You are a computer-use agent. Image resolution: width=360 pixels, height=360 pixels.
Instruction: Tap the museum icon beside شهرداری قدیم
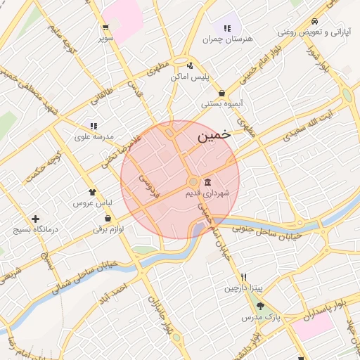click(207, 182)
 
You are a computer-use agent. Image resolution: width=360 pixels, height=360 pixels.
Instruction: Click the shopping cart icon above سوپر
click(105, 28)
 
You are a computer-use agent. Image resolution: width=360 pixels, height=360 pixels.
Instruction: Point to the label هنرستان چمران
click(227, 39)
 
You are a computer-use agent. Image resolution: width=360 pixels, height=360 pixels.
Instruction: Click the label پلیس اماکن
click(190, 79)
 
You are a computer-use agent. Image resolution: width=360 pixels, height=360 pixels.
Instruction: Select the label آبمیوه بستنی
click(222, 104)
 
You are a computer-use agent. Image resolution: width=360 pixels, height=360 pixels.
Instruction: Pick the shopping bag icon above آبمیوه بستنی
click(222, 93)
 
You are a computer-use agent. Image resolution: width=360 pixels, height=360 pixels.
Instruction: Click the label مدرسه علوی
click(94, 137)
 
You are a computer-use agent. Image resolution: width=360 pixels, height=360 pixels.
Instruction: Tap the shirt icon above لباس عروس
click(92, 191)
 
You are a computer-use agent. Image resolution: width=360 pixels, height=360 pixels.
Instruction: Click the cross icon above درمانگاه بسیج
click(35, 219)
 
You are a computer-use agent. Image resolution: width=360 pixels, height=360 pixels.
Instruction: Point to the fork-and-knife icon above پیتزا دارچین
click(243, 277)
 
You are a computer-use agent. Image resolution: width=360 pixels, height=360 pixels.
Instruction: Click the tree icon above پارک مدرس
click(261, 306)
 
